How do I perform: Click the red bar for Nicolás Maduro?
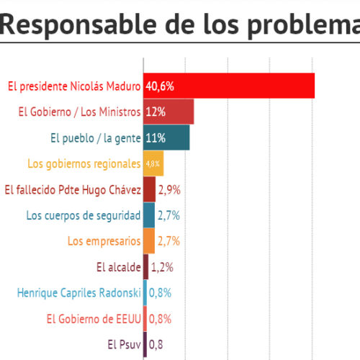pos(229,86)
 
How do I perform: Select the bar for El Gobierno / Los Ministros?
pos(168,112)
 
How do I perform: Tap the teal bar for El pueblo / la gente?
pos(166,138)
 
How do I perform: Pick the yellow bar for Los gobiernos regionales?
pos(153,163)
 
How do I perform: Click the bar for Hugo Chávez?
pos(150,189)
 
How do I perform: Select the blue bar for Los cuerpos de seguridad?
pos(149,215)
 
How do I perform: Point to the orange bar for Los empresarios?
pos(149,241)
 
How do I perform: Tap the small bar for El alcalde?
pos(146,267)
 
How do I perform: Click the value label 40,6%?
pos(160,86)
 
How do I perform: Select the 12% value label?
pos(156,112)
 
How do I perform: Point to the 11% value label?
pos(156,138)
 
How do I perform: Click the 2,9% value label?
pos(169,190)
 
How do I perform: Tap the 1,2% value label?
pos(162,267)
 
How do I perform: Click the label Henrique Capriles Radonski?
pos(79,293)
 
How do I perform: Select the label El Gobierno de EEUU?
pos(94,319)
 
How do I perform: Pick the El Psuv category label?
pos(124,345)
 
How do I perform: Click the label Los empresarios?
pos(104,241)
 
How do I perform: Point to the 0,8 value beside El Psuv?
pos(156,345)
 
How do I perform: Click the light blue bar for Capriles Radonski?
pos(145,293)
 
